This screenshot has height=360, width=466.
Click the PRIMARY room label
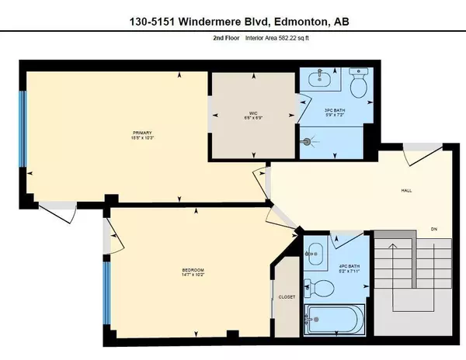click(139, 133)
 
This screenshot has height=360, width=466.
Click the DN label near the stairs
click(436, 227)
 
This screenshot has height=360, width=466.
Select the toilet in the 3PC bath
click(358, 85)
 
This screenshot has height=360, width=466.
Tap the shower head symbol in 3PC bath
click(309, 142)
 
